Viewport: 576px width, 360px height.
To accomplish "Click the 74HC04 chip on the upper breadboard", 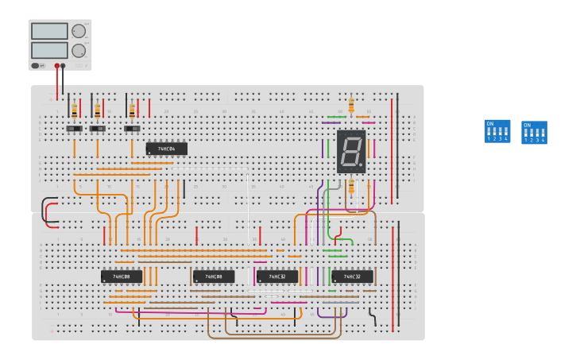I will (166, 149).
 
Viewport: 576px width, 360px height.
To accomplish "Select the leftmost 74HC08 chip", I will (122, 277).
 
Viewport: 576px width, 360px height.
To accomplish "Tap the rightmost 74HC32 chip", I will (352, 277).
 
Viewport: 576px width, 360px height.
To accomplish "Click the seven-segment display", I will (351, 151).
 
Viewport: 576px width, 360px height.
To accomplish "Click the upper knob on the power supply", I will (78, 32).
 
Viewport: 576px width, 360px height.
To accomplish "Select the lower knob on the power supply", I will (78, 51).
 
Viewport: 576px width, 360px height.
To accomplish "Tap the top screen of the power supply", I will (49, 31).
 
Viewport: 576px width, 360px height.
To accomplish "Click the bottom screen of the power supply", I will (49, 50).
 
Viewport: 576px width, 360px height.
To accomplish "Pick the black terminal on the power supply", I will (64, 66).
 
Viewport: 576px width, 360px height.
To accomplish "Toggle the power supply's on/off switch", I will (37, 66).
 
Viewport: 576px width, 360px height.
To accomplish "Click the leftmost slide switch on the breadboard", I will (74, 128).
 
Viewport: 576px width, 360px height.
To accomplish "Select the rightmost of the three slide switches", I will (132, 128).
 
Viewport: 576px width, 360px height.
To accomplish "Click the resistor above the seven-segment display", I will (351, 104).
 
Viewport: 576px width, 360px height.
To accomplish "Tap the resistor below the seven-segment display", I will (351, 186).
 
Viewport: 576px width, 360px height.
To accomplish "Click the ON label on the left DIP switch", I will (489, 123).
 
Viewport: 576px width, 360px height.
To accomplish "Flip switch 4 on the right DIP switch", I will (543, 133).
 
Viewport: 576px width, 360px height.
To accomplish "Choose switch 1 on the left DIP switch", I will (489, 132).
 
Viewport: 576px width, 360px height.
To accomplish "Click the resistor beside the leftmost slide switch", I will (75, 110).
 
